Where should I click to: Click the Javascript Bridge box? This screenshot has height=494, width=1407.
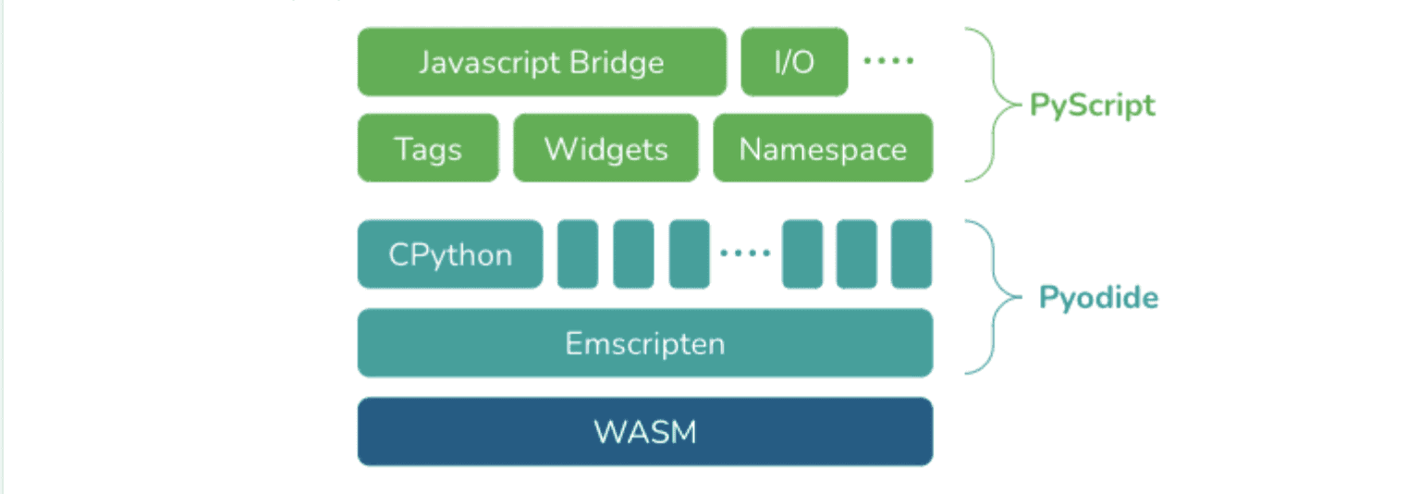[542, 62]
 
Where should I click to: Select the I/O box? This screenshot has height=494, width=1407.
[794, 62]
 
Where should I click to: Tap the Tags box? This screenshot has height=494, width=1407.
[428, 148]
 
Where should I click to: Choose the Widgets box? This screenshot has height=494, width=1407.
[606, 148]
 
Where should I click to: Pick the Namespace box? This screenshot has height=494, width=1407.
[823, 148]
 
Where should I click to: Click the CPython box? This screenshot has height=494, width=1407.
[450, 254]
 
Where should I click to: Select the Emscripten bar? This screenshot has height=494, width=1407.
[645, 343]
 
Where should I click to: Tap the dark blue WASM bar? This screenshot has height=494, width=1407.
[645, 431]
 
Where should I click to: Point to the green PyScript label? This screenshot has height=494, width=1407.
[1093, 105]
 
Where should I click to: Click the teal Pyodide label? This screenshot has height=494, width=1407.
[1098, 298]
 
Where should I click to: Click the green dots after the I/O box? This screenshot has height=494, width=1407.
[888, 61]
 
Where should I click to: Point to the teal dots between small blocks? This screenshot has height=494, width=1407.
[745, 253]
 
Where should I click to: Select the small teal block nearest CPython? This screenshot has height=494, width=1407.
[578, 254]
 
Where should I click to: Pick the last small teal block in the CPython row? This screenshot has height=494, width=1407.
[911, 254]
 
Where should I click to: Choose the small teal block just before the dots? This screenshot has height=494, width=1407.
[690, 254]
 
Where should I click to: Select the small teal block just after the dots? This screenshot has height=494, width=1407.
[801, 254]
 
